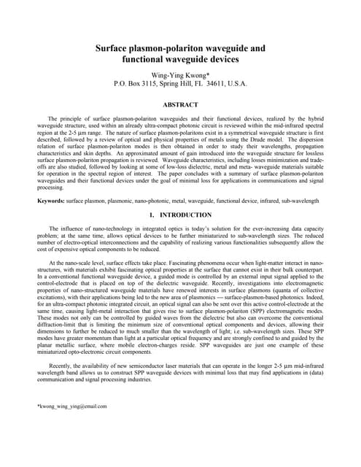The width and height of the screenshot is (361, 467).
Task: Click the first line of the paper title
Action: pyautogui.click(x=180, y=48)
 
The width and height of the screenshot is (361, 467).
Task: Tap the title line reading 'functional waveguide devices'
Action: pyautogui.click(x=180, y=61)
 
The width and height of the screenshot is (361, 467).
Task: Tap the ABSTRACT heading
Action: pyautogui.click(x=180, y=105)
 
